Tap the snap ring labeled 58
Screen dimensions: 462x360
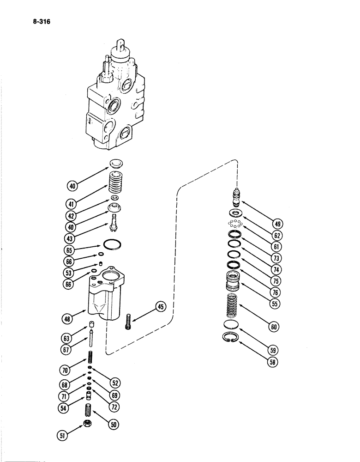click(x=232, y=338)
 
